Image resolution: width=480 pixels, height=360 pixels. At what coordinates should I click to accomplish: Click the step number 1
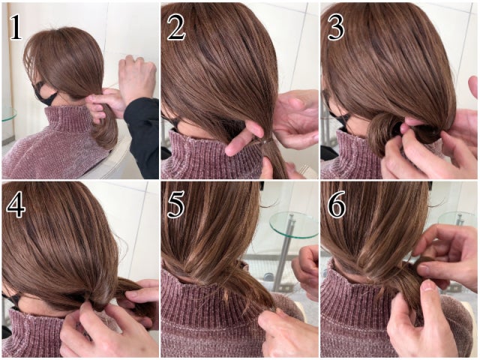[16, 28]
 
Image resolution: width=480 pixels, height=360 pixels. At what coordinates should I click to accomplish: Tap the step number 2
[176, 28]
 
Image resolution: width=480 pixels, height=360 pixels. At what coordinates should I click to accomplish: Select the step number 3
[336, 28]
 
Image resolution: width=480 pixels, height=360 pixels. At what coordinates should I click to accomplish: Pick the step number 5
[175, 205]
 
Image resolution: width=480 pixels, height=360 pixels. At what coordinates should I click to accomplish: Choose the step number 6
[337, 205]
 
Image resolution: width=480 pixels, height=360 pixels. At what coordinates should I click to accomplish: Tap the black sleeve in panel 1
[142, 135]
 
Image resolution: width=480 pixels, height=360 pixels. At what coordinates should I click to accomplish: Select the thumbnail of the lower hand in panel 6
[428, 286]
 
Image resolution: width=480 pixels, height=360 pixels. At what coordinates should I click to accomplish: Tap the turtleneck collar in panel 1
[70, 119]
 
